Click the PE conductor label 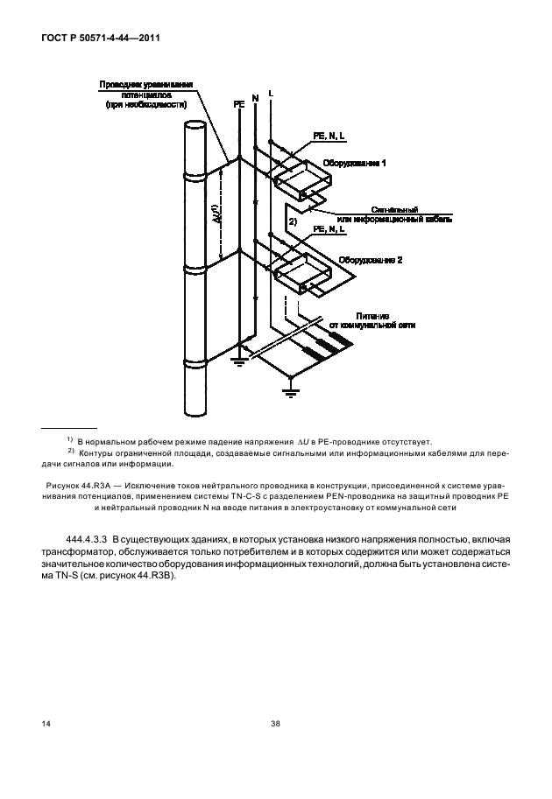[238, 102]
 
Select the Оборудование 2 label [370, 260]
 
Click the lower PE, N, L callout [329, 229]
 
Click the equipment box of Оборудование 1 [304, 181]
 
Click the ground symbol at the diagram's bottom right [290, 389]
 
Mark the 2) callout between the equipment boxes [294, 223]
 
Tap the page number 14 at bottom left [45, 724]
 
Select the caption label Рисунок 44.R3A [83, 483]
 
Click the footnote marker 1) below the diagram [70, 439]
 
